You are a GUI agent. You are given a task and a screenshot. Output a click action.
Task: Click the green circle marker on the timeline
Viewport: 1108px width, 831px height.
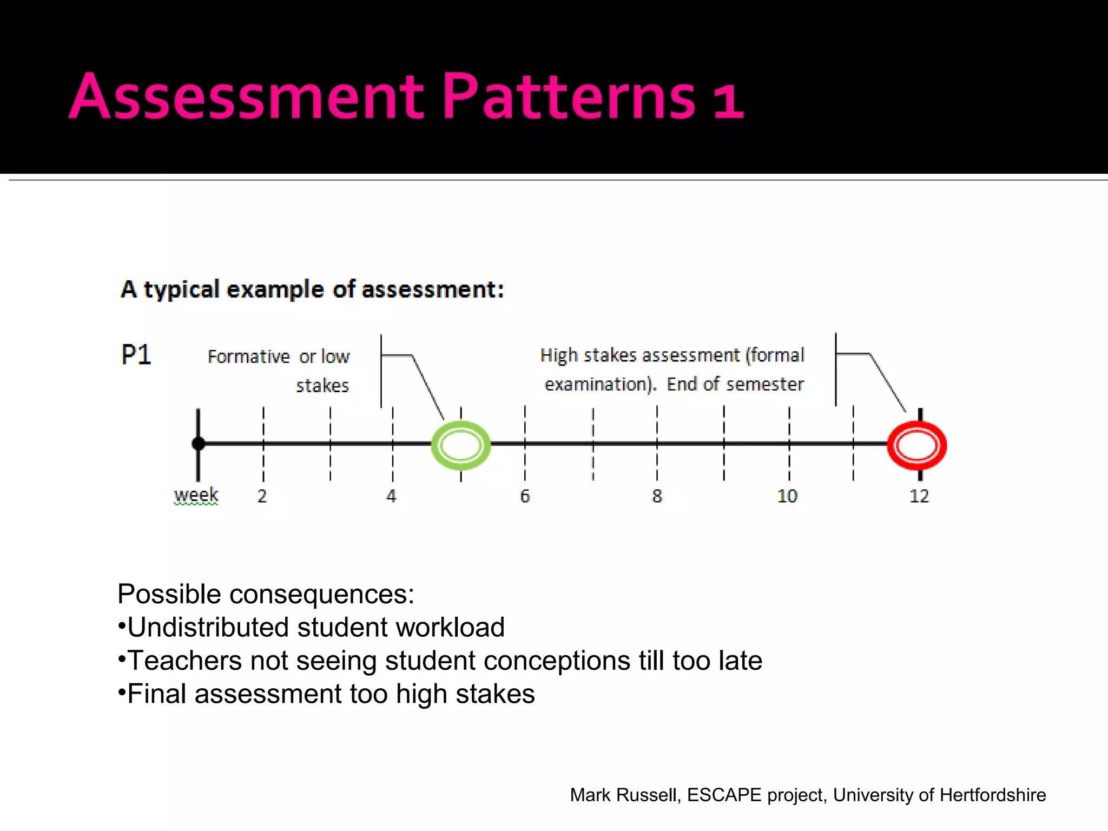460,445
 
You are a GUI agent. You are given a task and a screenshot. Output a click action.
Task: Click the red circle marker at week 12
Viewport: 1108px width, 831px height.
916,445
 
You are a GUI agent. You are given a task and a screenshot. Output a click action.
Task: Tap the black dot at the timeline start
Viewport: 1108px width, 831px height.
198,444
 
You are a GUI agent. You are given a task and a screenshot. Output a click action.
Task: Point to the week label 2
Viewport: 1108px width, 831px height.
262,496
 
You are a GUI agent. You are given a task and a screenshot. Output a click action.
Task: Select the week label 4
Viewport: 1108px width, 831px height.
391,496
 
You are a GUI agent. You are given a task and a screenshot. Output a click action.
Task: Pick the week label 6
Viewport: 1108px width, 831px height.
525,496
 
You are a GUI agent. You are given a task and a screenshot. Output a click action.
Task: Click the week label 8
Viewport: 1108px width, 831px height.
657,496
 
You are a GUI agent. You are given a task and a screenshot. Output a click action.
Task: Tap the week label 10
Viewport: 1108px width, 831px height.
787,496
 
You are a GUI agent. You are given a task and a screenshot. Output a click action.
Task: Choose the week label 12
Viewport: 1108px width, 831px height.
919,496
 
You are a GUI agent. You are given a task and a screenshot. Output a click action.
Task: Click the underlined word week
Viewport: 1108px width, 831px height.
196,494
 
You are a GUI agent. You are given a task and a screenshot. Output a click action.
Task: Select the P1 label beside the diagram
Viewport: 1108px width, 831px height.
136,355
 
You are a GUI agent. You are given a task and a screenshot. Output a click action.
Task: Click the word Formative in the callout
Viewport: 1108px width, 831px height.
249,357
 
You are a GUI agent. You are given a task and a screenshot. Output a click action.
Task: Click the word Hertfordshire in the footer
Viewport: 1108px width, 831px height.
993,795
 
